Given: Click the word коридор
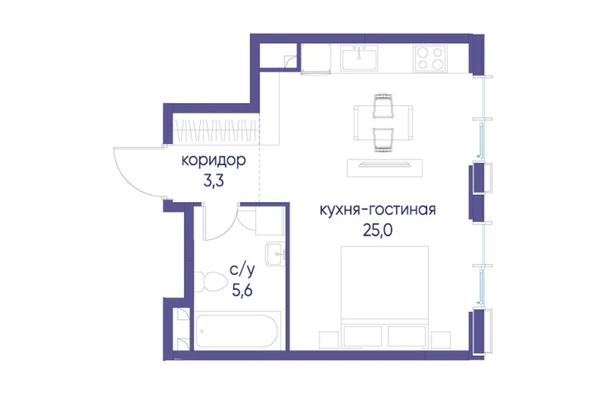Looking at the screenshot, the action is tap(213, 160).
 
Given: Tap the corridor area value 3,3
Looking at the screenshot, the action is tap(213, 181).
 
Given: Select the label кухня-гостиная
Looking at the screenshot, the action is tap(378, 210).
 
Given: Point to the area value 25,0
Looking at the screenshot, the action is tap(378, 230).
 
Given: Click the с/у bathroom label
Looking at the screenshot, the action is tap(242, 270).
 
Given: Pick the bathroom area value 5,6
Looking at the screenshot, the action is tap(242, 289).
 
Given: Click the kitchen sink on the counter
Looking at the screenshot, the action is tap(359, 58).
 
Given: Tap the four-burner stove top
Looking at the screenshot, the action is tap(430, 58).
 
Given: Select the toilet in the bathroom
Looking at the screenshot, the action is tap(211, 281).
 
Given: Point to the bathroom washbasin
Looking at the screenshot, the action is tap(275, 254).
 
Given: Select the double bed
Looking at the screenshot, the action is tap(385, 296).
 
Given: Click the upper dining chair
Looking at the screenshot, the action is tap(383, 106).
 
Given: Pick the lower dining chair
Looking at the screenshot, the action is tap(383, 139).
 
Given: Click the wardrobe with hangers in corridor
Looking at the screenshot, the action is tap(216, 130).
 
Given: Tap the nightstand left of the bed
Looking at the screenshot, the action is tap(328, 340).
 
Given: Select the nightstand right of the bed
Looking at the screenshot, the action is tap(441, 340).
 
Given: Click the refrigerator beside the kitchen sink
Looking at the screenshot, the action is tap(316, 58).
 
